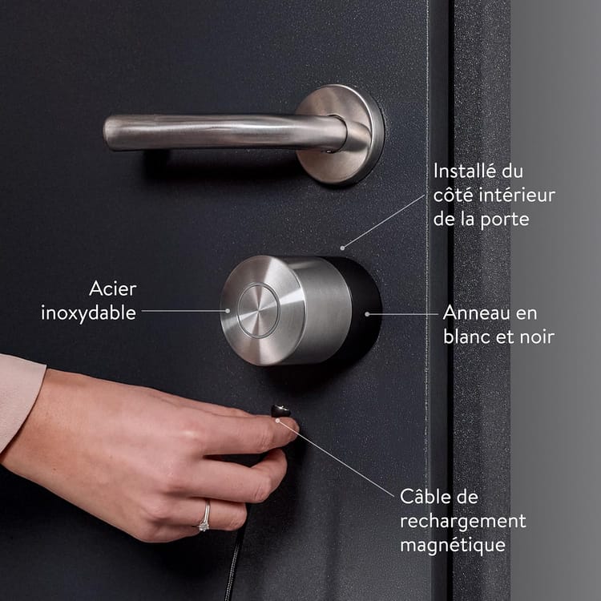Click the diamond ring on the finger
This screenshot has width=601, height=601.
pyautogui.click(x=204, y=517)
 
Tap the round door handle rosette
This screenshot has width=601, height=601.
pyautogui.click(x=340, y=134)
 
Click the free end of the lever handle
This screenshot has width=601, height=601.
pyautogui.click(x=109, y=132)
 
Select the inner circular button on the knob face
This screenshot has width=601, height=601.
pyautogui.click(x=258, y=310)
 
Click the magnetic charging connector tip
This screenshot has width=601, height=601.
pyautogui.click(x=280, y=411)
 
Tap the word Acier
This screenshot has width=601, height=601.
pyautogui.click(x=113, y=288)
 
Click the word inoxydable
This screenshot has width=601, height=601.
pyautogui.click(x=88, y=313)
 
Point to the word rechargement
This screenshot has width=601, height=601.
pyautogui.click(x=463, y=522)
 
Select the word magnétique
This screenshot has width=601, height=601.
pyautogui.click(x=453, y=546)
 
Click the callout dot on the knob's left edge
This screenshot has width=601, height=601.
pyautogui.click(x=228, y=311)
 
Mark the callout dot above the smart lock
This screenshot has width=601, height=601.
pyautogui.click(x=342, y=248)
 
